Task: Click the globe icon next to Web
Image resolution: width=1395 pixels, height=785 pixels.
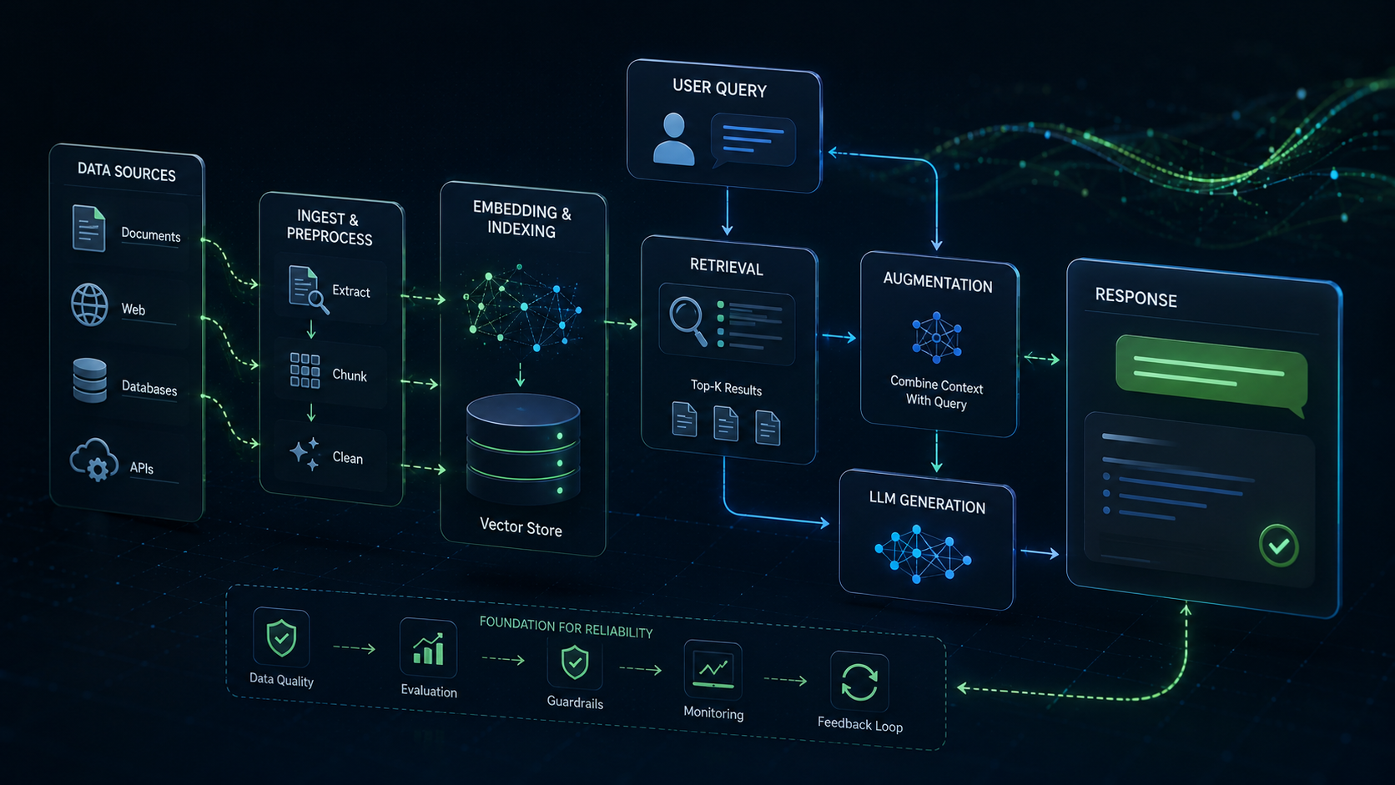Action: [x=89, y=304]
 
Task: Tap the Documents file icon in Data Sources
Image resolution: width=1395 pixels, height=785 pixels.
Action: [x=88, y=228]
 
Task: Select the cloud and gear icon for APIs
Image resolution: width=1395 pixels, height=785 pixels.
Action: [x=94, y=460]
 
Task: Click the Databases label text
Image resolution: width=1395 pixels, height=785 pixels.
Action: [x=149, y=388]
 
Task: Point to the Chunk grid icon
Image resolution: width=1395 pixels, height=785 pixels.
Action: [x=305, y=370]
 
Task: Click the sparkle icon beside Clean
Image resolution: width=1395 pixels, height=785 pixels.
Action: [x=305, y=453]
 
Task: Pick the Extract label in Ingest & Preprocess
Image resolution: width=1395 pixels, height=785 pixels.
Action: [x=350, y=291]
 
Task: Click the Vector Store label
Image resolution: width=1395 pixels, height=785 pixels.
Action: [x=521, y=527]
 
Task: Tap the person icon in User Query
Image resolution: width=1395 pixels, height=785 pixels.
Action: [x=673, y=138]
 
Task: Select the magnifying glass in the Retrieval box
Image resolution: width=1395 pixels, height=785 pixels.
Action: [x=688, y=321]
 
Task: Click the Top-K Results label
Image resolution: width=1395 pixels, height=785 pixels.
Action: [x=726, y=387]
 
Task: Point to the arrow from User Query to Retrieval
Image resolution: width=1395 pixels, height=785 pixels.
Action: [x=727, y=212]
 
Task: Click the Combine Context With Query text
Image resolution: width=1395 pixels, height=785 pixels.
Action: [x=937, y=393]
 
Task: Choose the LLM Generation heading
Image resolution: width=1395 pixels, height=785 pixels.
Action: [x=927, y=501]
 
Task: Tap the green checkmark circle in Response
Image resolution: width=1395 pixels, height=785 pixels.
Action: [x=1278, y=546]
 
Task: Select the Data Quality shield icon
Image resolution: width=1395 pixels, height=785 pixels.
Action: [x=281, y=637]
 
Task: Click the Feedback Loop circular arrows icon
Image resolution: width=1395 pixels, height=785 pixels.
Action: [x=859, y=682]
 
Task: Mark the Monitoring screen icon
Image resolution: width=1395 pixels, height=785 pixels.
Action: [x=713, y=670]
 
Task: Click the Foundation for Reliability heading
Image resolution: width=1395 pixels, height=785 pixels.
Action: [x=567, y=627]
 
